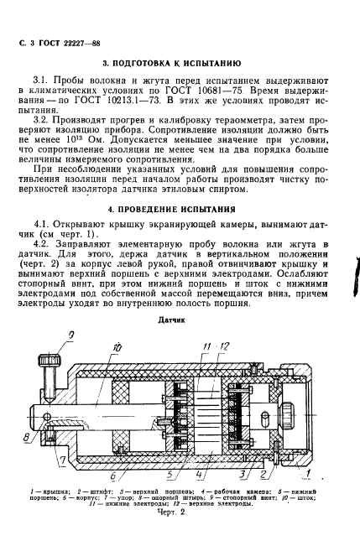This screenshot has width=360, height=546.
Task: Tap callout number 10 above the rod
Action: [115, 346]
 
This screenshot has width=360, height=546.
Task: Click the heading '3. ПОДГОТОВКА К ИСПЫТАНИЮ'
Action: [172, 63]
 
